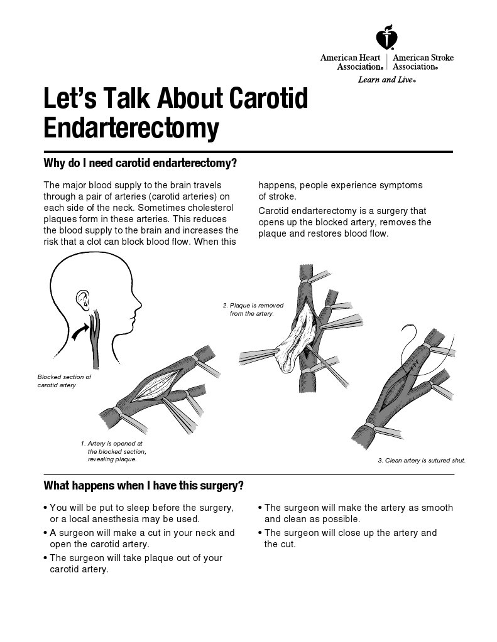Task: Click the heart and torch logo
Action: pyautogui.click(x=386, y=39)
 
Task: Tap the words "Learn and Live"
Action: pyautogui.click(x=386, y=80)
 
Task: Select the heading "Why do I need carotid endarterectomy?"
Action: pyautogui.click(x=140, y=164)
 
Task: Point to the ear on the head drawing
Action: pyautogui.click(x=82, y=300)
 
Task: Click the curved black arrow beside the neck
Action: pyautogui.click(x=79, y=331)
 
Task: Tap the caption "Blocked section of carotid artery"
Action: pyautogui.click(x=64, y=381)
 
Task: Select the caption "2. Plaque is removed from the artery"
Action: pyautogui.click(x=248, y=309)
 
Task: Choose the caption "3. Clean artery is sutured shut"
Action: pyautogui.click(x=422, y=461)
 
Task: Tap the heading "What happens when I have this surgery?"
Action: pyautogui.click(x=143, y=486)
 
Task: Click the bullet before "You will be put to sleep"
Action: pyautogui.click(x=45, y=508)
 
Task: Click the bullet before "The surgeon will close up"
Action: pyautogui.click(x=260, y=533)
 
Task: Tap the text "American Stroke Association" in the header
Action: pyautogui.click(x=422, y=62)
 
